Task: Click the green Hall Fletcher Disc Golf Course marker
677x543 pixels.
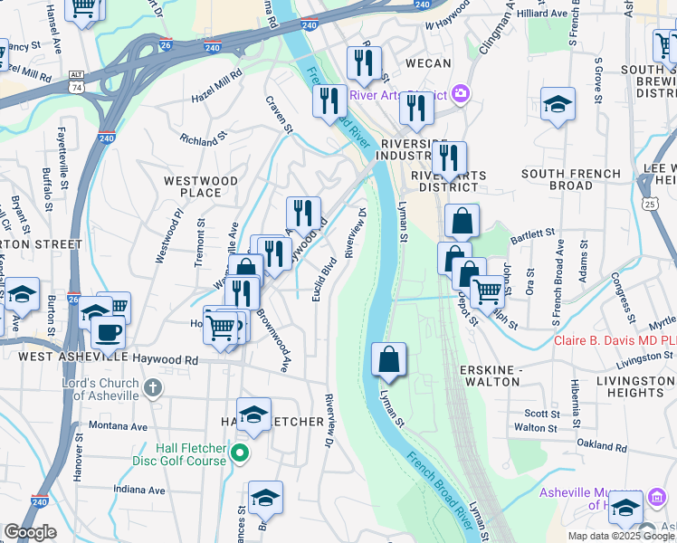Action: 240,452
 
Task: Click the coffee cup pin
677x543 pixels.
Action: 108,332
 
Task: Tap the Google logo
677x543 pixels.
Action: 30,532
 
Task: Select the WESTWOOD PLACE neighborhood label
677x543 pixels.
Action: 201,186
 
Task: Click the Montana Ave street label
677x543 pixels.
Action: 118,425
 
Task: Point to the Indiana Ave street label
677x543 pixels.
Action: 139,490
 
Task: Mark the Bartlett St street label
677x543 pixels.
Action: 531,233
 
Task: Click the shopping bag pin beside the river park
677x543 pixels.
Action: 388,359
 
